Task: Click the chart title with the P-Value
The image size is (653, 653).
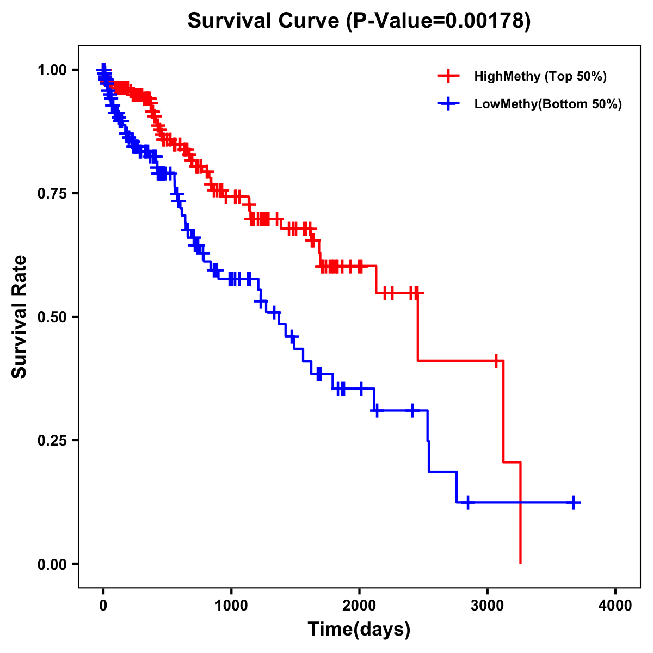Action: [359, 21]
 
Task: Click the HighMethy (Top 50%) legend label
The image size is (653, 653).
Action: [540, 76]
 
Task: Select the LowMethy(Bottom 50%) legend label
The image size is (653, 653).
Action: [548, 104]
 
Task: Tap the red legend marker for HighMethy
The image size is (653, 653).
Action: [448, 76]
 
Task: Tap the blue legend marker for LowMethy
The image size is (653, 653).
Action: [448, 104]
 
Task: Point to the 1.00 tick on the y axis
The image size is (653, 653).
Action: [52, 70]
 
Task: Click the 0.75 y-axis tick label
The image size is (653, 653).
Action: [52, 193]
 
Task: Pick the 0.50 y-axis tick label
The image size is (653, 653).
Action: [52, 317]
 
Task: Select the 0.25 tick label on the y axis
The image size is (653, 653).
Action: [52, 440]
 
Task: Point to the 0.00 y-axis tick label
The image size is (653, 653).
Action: [52, 564]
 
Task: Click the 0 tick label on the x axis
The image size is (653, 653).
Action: [103, 605]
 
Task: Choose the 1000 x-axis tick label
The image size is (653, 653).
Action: [231, 605]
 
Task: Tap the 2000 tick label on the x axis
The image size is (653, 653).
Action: [359, 605]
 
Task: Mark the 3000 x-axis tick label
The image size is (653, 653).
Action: [488, 605]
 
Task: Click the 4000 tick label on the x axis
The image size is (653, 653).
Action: [615, 605]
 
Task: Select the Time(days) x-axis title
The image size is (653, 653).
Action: [359, 630]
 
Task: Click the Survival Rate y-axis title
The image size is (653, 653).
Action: [20, 317]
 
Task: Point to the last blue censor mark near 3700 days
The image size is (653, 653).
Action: [574, 502]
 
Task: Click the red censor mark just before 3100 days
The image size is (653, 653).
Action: [496, 361]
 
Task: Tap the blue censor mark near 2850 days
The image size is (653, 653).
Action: [467, 502]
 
